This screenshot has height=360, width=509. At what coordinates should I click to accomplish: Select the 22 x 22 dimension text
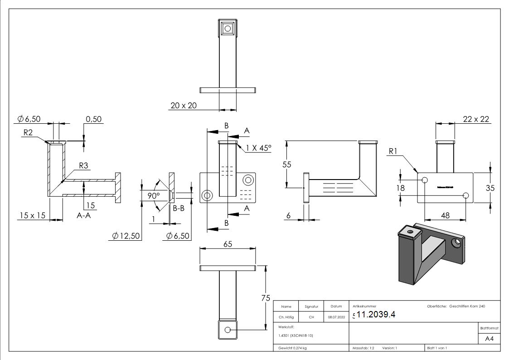coord(476,119)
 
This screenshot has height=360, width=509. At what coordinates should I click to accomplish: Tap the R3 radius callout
coord(83,166)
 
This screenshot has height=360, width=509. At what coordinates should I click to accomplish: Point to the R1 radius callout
coord(394,151)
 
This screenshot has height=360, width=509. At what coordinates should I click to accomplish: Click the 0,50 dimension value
coord(94,119)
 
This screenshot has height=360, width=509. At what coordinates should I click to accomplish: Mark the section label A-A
coord(84,216)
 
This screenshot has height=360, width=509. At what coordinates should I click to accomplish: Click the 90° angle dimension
coord(153,195)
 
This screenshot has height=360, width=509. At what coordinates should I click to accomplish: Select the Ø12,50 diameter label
coord(126,236)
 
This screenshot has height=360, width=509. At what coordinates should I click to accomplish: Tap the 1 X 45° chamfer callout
coord(259,147)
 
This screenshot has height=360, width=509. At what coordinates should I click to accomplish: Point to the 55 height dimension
coord(286,165)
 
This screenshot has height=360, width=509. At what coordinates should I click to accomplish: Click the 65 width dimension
coord(228,244)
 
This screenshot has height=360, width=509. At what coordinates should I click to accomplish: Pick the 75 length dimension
coord(266,297)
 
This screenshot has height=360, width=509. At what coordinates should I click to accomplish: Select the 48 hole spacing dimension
coord(445,215)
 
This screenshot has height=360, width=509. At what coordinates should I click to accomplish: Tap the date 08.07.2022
coord(336,317)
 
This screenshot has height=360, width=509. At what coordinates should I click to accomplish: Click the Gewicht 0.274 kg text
coord(292,348)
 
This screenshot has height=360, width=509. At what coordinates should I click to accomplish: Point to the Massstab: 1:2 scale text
coord(363,348)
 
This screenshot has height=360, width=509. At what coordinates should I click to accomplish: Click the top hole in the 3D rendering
coord(411,232)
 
